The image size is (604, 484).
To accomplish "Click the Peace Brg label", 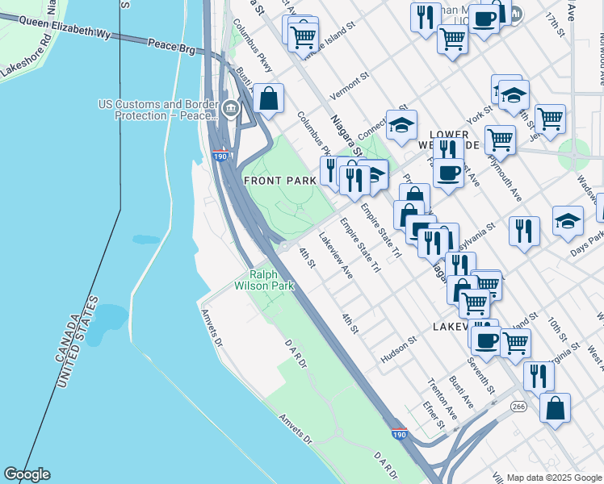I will (172, 50).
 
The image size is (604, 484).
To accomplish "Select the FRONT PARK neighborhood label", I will (279, 181).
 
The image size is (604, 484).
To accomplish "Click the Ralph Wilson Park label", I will (264, 280).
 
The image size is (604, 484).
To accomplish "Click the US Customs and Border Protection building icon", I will (230, 108).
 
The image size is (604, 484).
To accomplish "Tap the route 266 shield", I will (518, 407).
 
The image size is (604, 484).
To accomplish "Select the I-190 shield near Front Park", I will (220, 156).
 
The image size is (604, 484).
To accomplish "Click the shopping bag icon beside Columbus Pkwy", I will (268, 99).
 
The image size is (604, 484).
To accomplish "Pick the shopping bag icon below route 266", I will (555, 408).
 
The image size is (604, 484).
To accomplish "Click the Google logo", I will (26, 474).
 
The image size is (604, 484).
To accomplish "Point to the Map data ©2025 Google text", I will (554, 477).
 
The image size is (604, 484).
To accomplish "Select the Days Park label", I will (587, 250).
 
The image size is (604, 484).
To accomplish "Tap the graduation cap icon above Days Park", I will (568, 220).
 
